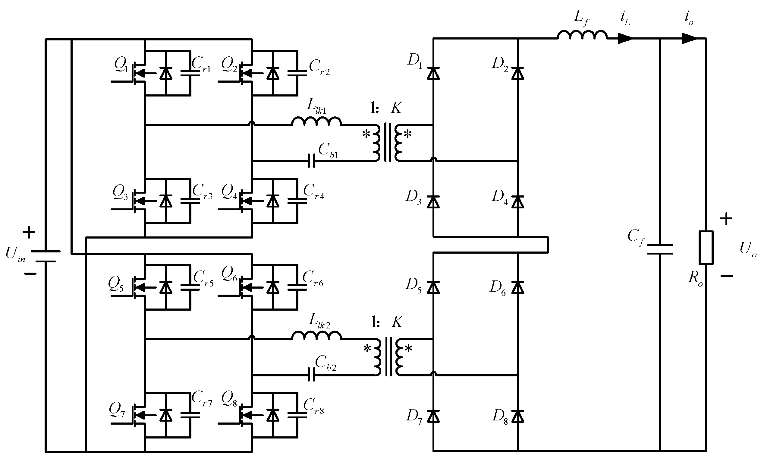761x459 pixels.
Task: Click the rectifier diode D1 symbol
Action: pos(433,74)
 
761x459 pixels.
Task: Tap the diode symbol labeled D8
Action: pos(517,416)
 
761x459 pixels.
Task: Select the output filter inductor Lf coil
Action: pos(582,35)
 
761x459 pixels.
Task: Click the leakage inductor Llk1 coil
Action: pos(316,121)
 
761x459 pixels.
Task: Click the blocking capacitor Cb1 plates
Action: pos(312,161)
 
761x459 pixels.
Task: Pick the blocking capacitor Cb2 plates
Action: pos(312,375)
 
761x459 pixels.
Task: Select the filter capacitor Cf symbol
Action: pos(660,249)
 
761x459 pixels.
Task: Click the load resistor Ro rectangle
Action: pos(706,247)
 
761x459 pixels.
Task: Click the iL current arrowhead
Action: pos(625,39)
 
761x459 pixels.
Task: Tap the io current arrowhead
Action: pos(689,39)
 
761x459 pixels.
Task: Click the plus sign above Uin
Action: pos(29,232)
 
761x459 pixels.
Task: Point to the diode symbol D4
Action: pos(517,201)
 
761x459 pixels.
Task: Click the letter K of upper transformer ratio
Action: pos(396,108)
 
